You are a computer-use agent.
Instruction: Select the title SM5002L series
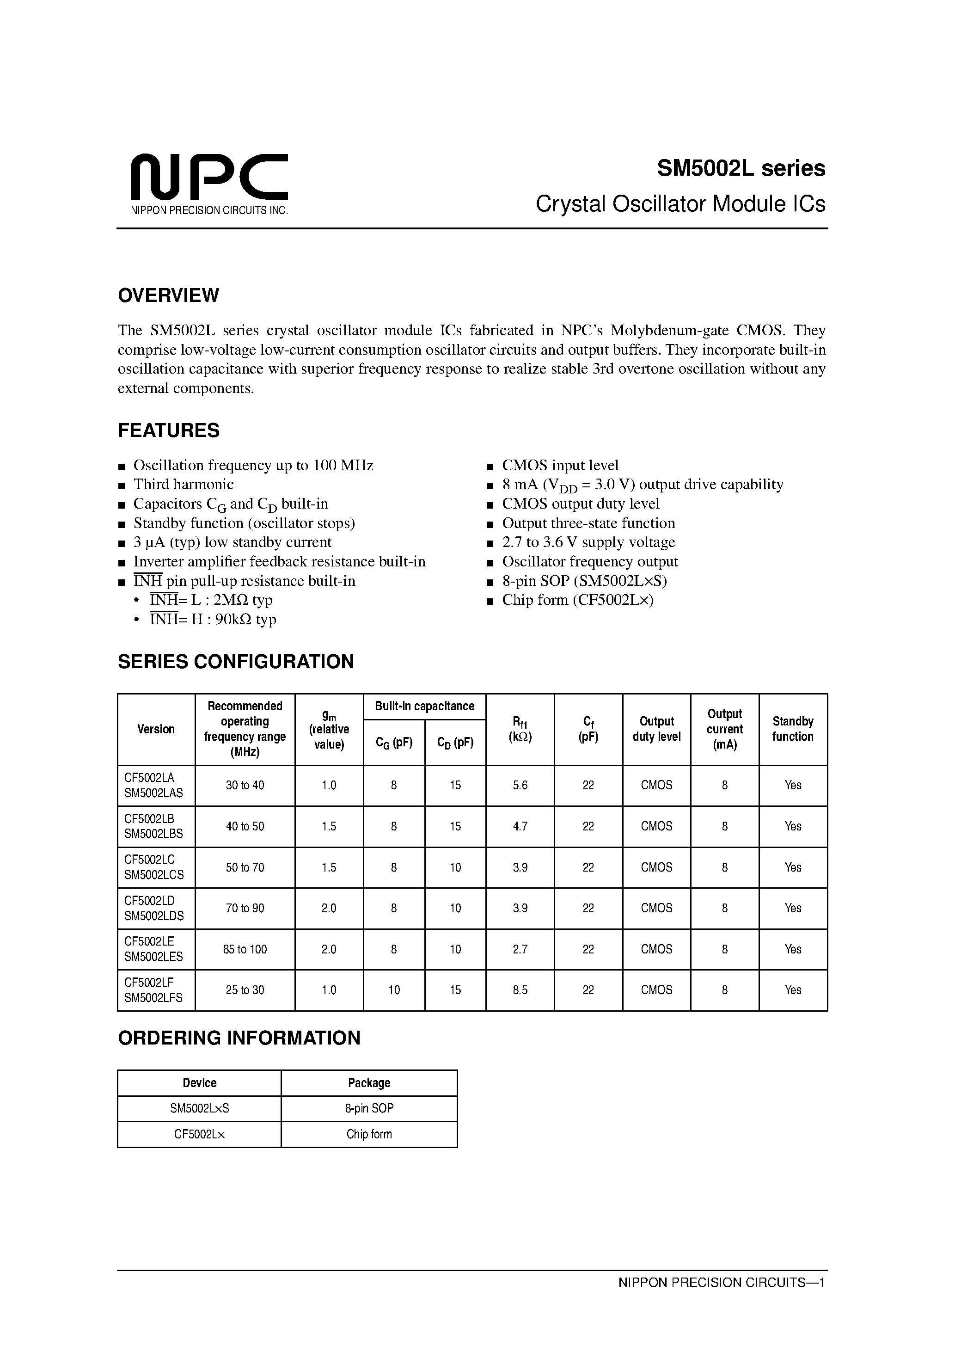(741, 168)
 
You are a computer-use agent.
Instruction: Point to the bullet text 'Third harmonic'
(183, 484)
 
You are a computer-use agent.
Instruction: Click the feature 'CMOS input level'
(560, 465)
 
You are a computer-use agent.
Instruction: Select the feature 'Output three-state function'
(588, 523)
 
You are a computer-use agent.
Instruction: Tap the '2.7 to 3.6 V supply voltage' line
(588, 542)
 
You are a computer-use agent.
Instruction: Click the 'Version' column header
(156, 729)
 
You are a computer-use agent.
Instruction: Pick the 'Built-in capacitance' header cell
(424, 706)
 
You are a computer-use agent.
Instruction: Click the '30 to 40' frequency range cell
(245, 785)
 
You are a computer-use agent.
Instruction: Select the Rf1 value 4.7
(520, 826)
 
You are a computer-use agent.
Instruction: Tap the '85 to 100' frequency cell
(245, 949)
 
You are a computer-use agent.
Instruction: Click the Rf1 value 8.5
(520, 990)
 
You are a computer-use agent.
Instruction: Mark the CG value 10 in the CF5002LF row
(394, 990)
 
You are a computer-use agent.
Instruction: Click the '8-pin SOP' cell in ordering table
(369, 1108)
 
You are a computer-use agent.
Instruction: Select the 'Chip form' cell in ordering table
(369, 1134)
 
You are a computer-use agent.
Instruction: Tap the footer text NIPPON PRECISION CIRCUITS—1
(721, 1282)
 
